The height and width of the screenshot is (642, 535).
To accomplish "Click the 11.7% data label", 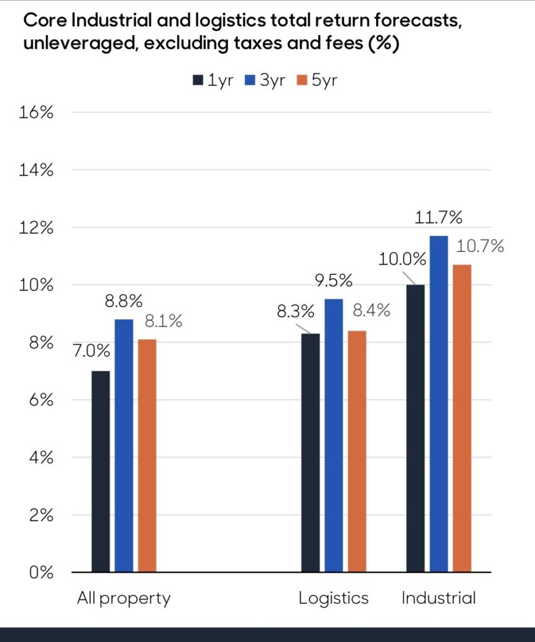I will pyautogui.click(x=438, y=218).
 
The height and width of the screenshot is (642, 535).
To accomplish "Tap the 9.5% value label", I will pyautogui.click(x=333, y=280).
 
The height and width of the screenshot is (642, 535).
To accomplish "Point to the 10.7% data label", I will pyautogui.click(x=482, y=246).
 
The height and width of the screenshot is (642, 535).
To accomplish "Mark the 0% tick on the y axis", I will pyautogui.click(x=42, y=572).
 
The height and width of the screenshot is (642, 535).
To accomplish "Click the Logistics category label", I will pyautogui.click(x=333, y=598).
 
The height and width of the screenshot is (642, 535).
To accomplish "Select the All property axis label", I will pyautogui.click(x=124, y=598).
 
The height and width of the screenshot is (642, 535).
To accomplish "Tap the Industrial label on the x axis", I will pyautogui.click(x=438, y=598).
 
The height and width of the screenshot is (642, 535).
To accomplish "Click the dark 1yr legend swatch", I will pyautogui.click(x=198, y=81).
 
